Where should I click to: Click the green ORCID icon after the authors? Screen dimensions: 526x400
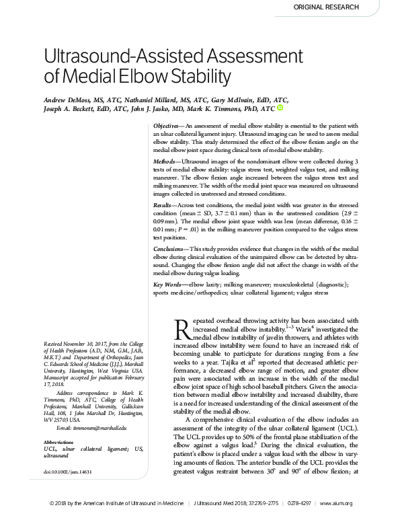pyautogui.click(x=280, y=108)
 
